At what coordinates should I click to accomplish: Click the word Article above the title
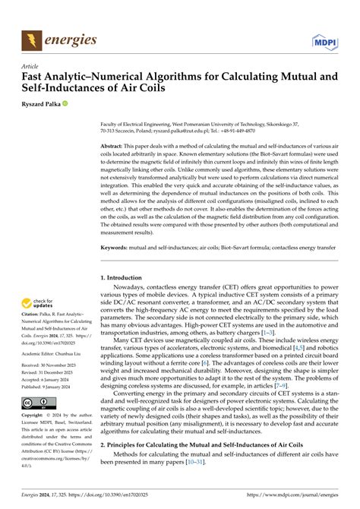click(x=30, y=66)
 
